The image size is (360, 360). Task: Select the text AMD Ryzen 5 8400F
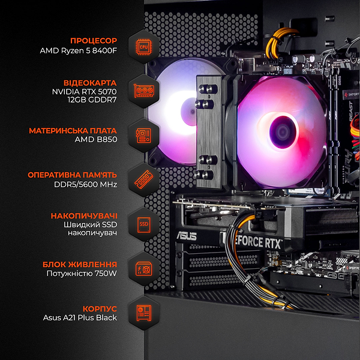tap(79, 51)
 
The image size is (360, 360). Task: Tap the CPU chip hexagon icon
tap(143, 46)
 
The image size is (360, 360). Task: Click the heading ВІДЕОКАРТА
tap(90, 82)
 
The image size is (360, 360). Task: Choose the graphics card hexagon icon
tap(143, 92)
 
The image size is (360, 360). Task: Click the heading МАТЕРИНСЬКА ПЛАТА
tap(73, 130)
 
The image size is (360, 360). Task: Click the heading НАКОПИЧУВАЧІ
tap(84, 215)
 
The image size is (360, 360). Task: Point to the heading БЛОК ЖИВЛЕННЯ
tap(80, 264)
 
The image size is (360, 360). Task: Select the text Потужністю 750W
tap(82, 274)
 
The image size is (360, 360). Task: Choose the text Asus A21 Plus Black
tap(80, 318)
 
